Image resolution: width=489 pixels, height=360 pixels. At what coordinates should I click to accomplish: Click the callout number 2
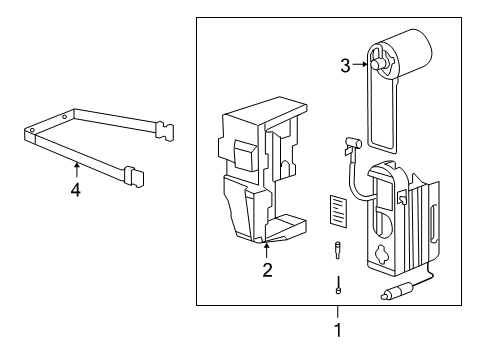[x=267, y=269]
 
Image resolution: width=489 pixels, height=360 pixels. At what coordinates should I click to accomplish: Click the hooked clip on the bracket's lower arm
[x=132, y=178]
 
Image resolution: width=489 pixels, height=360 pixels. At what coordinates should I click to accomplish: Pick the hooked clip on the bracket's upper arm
[x=165, y=129]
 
